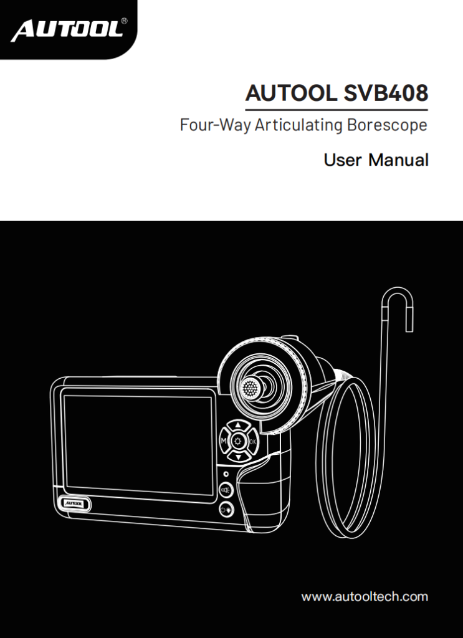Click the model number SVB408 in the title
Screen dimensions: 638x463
click(386, 94)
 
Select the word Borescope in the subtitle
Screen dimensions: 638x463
click(387, 125)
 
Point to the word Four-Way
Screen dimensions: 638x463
click(215, 125)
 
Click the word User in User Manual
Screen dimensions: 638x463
click(342, 160)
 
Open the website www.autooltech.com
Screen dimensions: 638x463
click(365, 596)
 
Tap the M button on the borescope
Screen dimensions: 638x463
click(222, 442)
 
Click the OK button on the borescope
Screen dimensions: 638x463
click(253, 442)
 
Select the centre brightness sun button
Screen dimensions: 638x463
click(237, 442)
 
